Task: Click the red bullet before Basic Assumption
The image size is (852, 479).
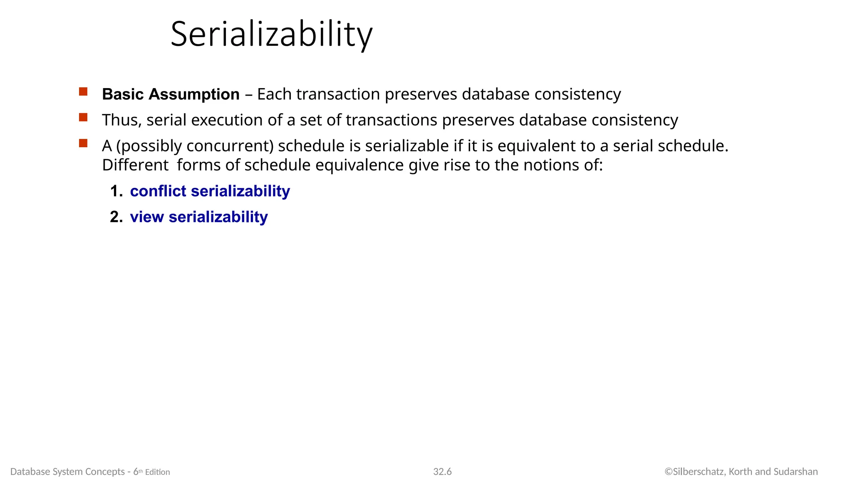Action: coord(83,92)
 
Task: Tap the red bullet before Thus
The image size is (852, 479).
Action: coord(83,118)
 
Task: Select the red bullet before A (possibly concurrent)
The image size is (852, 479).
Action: coord(83,143)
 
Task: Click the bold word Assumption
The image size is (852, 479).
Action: coord(194,94)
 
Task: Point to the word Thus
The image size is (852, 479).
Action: coord(122,120)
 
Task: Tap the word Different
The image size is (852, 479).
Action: coord(135,165)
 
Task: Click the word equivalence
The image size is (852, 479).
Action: coord(359,165)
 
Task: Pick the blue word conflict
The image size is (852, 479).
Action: coord(158,191)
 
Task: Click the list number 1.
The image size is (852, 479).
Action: coord(116,191)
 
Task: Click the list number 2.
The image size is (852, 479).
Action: coord(116,217)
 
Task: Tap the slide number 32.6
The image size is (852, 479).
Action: coord(442,472)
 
